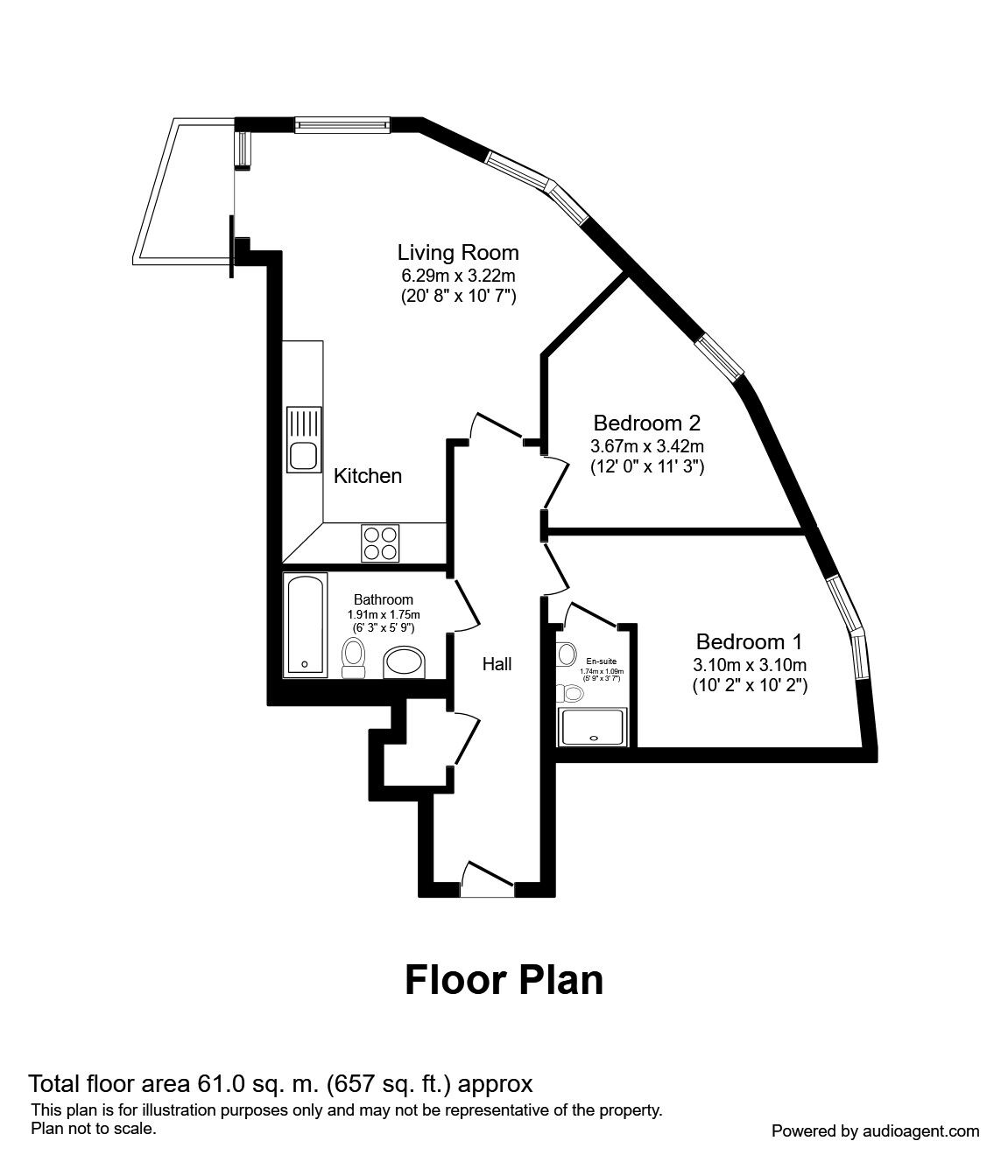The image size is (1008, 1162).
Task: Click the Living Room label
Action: pyautogui.click(x=458, y=253)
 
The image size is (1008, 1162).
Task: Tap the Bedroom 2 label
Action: pyautogui.click(x=646, y=423)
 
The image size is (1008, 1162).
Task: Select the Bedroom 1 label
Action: pyautogui.click(x=749, y=640)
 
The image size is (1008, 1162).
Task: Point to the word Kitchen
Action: pyautogui.click(x=368, y=476)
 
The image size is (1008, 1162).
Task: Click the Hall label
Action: pyautogui.click(x=497, y=664)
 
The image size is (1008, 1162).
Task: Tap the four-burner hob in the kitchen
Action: pyautogui.click(x=380, y=542)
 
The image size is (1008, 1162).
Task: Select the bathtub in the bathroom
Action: pyautogui.click(x=306, y=625)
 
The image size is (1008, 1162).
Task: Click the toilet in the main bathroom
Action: pyautogui.click(x=354, y=657)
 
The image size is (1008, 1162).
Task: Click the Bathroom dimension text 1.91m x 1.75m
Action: pyautogui.click(x=383, y=614)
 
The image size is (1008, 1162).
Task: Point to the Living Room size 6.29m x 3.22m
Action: pyautogui.click(x=458, y=275)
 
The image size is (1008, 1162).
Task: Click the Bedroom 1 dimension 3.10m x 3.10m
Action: pyautogui.click(x=750, y=664)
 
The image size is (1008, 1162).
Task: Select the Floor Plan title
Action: pyautogui.click(x=504, y=980)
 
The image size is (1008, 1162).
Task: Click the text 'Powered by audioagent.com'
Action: pyautogui.click(x=875, y=1131)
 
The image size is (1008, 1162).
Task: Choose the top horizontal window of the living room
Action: pyautogui.click(x=342, y=126)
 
